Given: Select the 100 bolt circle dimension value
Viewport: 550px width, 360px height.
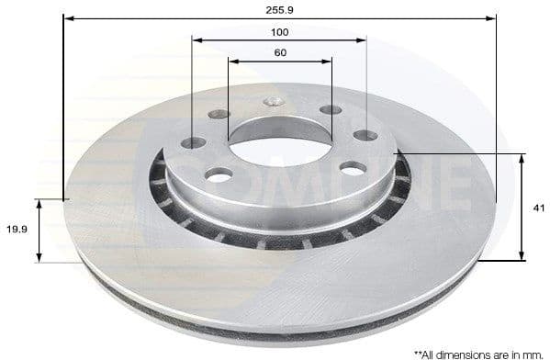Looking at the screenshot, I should (280, 31).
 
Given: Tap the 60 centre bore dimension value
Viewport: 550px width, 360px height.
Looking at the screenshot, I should (280, 52).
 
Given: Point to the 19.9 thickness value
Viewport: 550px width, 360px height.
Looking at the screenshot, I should (17, 231).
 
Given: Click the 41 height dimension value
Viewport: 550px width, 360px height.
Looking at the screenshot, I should (537, 208).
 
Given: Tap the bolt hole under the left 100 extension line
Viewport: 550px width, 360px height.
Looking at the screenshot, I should (194, 143).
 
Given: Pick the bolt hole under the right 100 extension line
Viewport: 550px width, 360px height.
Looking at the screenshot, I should (365, 135).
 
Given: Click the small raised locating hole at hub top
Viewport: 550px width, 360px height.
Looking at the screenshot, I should (273, 102).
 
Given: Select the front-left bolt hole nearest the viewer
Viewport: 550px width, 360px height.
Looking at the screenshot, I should (219, 174).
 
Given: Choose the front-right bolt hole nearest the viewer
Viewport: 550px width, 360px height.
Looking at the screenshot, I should (353, 168).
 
